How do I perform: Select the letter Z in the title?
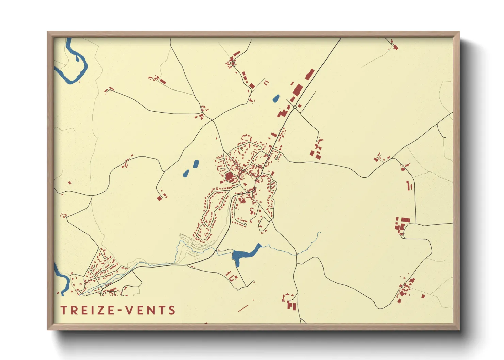[x=103, y=310]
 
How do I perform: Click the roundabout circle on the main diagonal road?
[x=295, y=107]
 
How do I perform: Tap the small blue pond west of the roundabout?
[x=276, y=99]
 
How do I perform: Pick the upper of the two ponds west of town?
[x=196, y=164]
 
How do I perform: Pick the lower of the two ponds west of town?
[x=186, y=173]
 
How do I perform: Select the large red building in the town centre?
[x=229, y=177]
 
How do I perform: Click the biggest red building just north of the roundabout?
[x=297, y=89]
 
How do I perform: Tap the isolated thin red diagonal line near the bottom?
[x=243, y=308]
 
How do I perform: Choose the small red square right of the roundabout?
[x=300, y=106]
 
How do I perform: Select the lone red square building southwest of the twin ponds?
[x=159, y=198]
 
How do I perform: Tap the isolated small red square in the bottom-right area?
[x=423, y=296]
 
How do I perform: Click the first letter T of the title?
[x=63, y=310]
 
